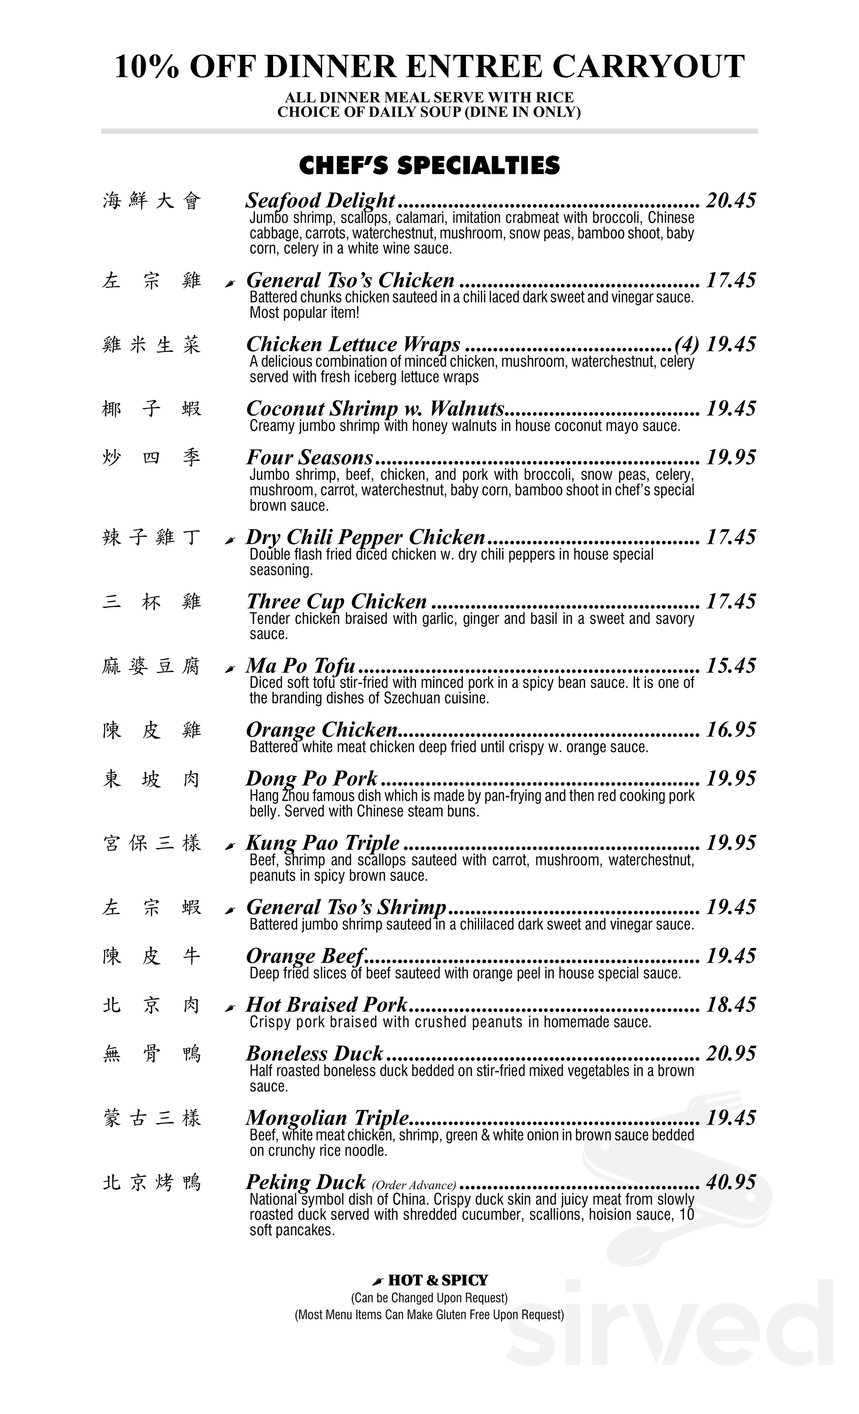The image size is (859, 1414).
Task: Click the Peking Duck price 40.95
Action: [730, 1182]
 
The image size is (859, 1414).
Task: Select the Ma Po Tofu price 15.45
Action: [730, 666]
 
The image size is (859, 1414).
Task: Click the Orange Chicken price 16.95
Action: [730, 730]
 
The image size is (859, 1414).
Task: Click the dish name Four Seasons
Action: [310, 457]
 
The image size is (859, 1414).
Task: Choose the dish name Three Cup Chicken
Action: [336, 601]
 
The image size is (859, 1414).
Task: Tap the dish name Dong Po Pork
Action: [312, 779]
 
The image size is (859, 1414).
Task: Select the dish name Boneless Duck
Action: [314, 1053]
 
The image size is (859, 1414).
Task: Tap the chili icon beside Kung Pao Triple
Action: [230, 846]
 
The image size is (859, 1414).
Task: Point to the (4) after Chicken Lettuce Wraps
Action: [687, 344]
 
